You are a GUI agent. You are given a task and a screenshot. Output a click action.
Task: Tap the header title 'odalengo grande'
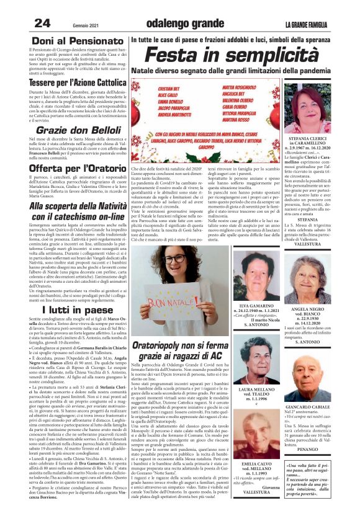click(179, 24)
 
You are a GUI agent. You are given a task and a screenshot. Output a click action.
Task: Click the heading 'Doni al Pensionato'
click(68, 42)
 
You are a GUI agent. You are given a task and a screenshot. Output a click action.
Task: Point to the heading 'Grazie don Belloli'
click(68, 131)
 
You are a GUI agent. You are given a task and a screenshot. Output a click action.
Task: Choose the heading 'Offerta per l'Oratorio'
click(68, 169)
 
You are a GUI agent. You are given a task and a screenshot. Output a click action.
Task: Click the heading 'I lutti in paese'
click(68, 309)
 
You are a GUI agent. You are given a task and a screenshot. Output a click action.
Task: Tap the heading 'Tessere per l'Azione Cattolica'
click(68, 82)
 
